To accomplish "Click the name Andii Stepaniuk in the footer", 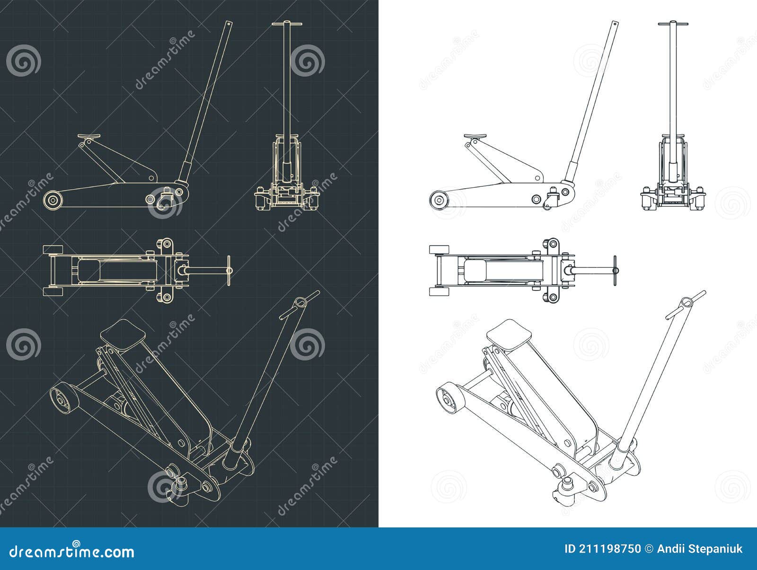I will pyautogui.click(x=700, y=549).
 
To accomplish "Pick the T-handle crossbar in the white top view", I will pyautogui.click(x=615, y=271).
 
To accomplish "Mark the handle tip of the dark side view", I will pyautogui.click(x=229, y=23).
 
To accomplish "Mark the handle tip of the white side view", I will pyautogui.click(x=615, y=24).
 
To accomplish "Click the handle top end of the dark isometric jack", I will pyautogui.click(x=299, y=303).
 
